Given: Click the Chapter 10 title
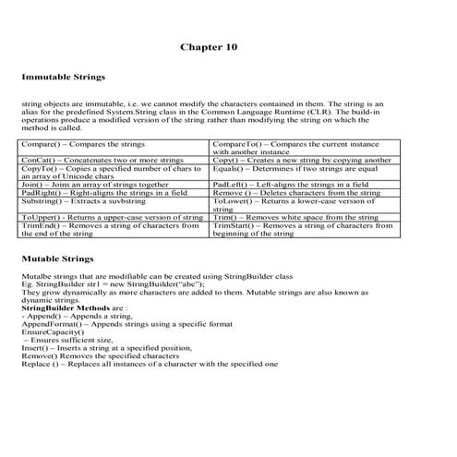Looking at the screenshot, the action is click(x=209, y=45).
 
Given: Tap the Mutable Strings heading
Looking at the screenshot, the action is click(x=57, y=259).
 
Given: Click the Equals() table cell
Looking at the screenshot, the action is click(x=295, y=169).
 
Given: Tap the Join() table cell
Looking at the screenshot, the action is click(x=102, y=185).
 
